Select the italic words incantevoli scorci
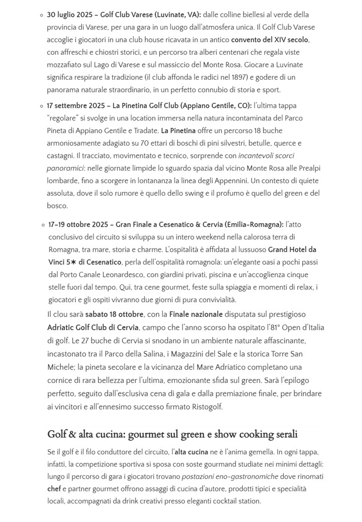tap(273, 156)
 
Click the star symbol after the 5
tap(73, 263)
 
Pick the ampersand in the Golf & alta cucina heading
tap(71, 434)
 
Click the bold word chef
tap(54, 489)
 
